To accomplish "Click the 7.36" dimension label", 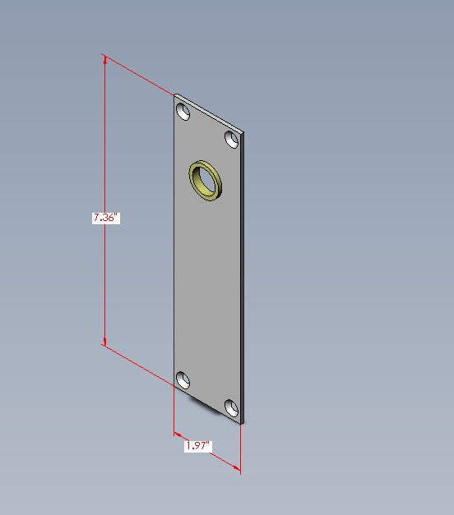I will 105,218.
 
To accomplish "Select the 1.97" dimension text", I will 197,446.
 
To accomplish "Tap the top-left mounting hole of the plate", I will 183,111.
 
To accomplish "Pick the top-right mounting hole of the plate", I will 232,139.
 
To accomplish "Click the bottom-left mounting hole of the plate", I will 183,380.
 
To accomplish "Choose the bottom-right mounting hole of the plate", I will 232,407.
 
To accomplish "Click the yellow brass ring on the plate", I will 206,180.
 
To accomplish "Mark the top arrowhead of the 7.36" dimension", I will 104,59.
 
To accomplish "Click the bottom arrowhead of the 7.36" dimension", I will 104,340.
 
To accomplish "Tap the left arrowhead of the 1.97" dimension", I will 177,433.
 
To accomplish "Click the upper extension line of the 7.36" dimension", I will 140,75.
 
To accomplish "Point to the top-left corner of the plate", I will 174,94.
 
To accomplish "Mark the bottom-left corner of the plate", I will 174,386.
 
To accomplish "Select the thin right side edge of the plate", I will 243,279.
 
